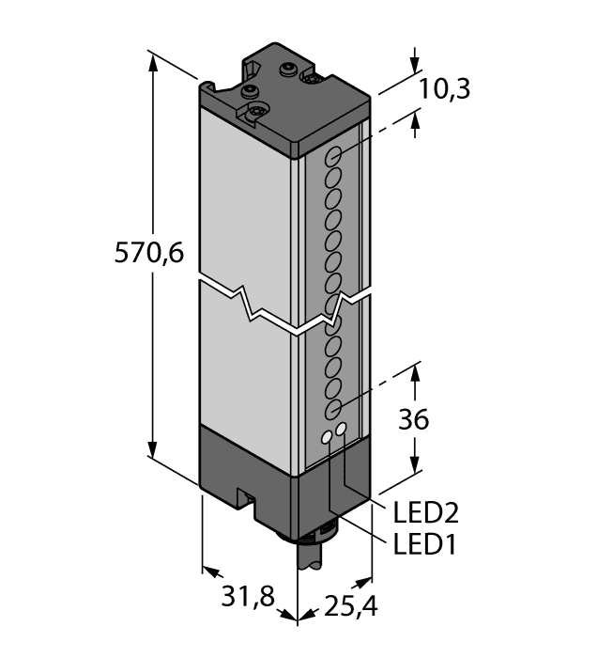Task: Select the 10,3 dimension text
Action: (443, 89)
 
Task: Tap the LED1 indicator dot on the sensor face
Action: (328, 436)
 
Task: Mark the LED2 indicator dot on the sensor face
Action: (342, 431)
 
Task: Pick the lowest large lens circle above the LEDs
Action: (332, 409)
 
